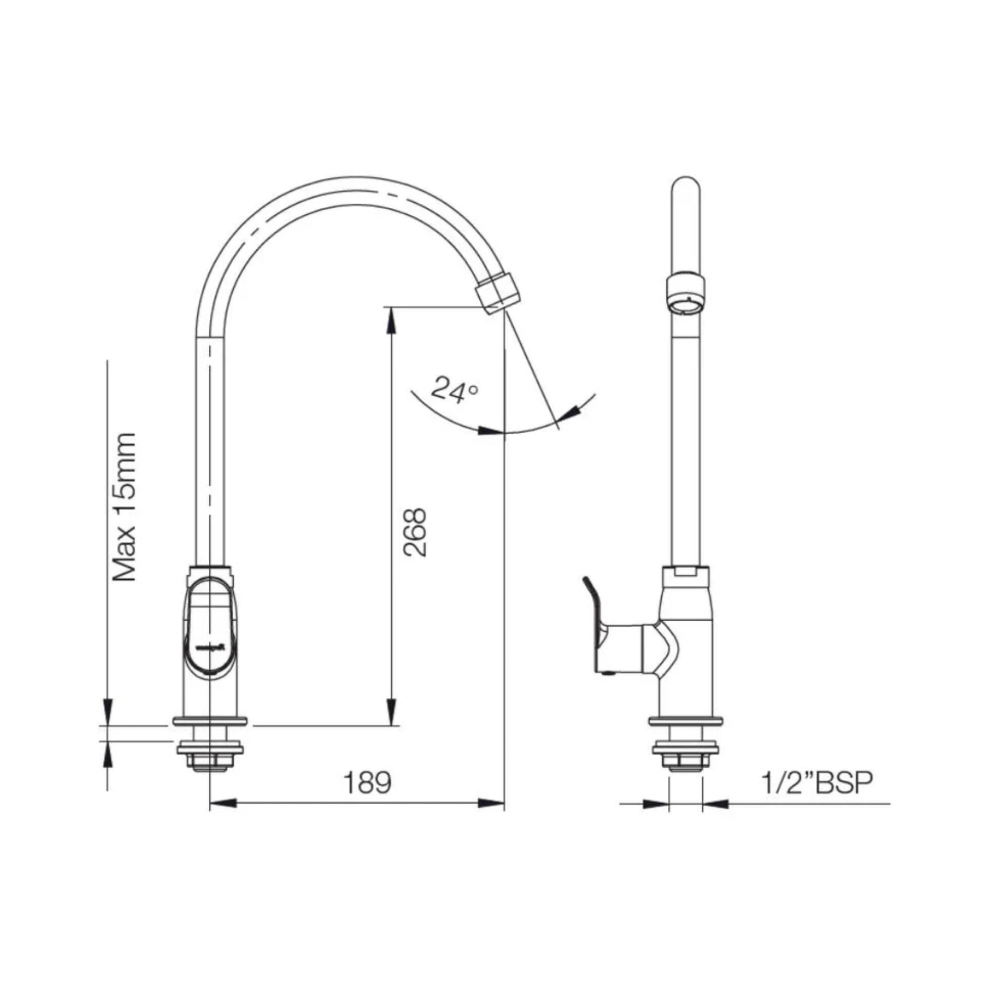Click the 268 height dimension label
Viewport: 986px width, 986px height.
click(x=414, y=532)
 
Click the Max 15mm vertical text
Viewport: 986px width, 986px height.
click(x=125, y=507)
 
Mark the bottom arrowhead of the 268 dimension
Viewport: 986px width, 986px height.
click(x=391, y=712)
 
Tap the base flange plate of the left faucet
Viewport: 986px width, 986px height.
click(x=210, y=721)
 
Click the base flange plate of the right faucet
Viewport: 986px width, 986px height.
click(x=686, y=721)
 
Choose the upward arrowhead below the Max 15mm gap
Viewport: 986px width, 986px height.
click(x=108, y=753)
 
